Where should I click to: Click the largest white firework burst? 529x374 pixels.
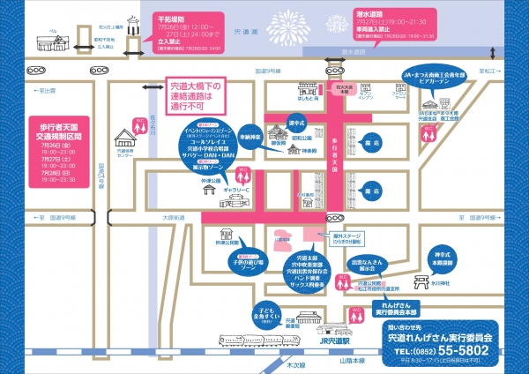(x=309, y=23)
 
